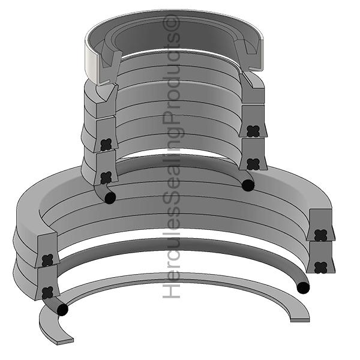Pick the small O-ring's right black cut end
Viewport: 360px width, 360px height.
pos(248,185)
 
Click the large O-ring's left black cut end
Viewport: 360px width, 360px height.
pos(62,310)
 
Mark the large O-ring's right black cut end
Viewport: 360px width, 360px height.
pos(304,287)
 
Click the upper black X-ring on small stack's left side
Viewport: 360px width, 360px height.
pos(106,145)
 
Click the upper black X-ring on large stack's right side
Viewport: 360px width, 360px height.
pos(321,235)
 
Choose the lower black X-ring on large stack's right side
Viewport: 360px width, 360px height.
pos(321,267)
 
